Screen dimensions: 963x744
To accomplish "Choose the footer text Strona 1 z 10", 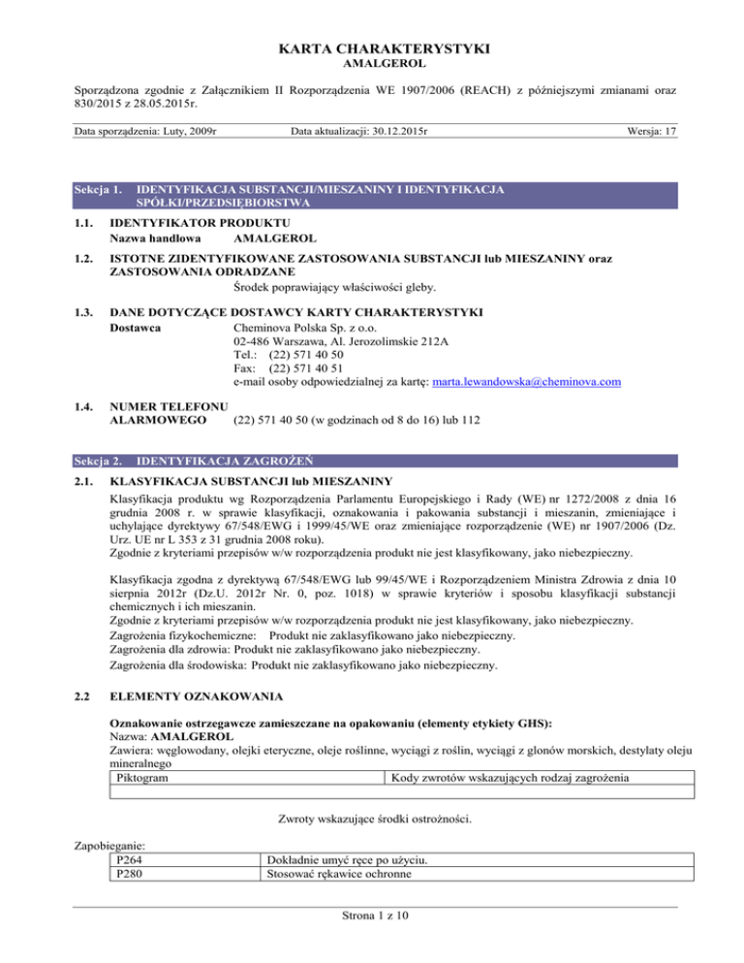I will pos(373,932).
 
